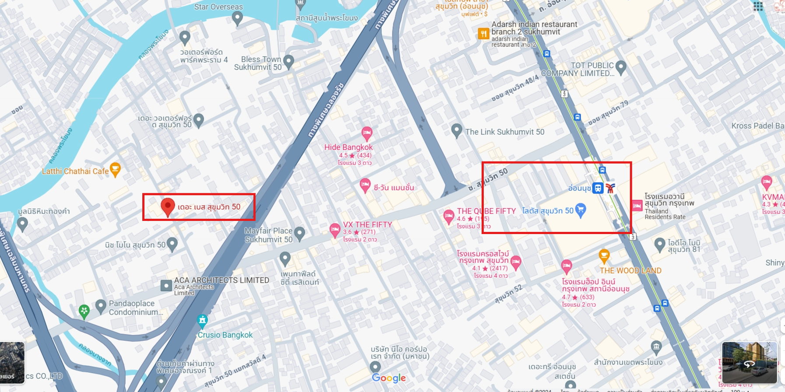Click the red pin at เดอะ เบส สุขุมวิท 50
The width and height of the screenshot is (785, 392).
[168, 206]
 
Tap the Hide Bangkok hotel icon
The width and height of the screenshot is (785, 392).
[367, 133]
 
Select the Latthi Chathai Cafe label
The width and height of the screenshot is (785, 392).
[75, 171]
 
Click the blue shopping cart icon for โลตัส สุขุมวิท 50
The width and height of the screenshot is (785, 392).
[580, 210]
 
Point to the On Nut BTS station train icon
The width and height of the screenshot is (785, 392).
[598, 188]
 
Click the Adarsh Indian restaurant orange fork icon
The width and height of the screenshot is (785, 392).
[483, 34]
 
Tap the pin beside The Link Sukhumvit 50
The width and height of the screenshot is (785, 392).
[457, 130]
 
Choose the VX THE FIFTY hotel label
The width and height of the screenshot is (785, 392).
[367, 225]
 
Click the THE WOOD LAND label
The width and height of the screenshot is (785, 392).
[630, 271]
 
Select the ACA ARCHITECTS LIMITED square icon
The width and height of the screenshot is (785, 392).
[166, 286]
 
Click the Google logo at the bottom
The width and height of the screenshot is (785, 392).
[389, 378]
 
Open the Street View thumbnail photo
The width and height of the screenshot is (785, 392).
[749, 363]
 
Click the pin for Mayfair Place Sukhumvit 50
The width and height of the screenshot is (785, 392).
[299, 233]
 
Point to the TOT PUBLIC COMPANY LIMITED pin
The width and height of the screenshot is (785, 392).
[621, 67]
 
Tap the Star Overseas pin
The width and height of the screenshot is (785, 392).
[237, 17]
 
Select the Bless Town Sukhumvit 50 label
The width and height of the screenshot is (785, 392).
[258, 63]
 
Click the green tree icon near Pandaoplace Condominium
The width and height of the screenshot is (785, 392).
[84, 311]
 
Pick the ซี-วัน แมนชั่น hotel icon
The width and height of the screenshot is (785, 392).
[365, 185]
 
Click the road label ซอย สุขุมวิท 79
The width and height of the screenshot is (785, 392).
[608, 113]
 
